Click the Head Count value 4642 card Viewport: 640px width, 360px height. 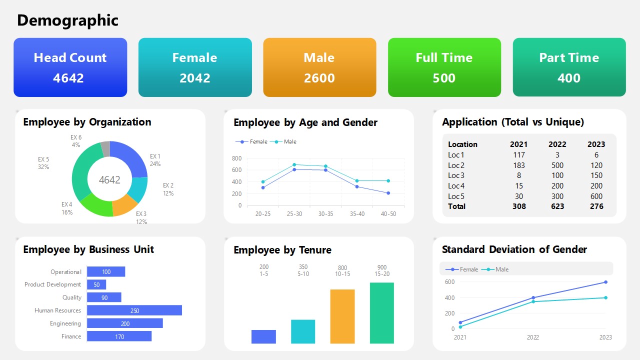[70, 67]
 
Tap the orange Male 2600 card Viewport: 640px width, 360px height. [319, 67]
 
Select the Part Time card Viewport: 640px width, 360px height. [569, 67]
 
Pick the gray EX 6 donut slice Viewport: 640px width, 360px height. [105, 148]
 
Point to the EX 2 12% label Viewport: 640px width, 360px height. [168, 189]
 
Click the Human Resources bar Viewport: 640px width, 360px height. [134, 310]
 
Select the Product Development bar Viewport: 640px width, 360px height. [96, 284]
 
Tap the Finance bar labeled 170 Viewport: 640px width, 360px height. [119, 336]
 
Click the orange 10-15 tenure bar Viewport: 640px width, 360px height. [342, 316]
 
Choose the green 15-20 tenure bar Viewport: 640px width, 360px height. [382, 313]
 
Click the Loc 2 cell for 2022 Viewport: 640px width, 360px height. [557, 165]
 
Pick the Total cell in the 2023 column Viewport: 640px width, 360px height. [596, 206]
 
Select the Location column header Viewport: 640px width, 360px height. [462, 144]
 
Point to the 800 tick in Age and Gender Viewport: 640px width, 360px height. [237, 158]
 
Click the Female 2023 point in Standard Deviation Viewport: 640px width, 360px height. [605, 282]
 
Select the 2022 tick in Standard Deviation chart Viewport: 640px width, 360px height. [533, 337]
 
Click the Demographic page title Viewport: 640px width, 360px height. [68, 20]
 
